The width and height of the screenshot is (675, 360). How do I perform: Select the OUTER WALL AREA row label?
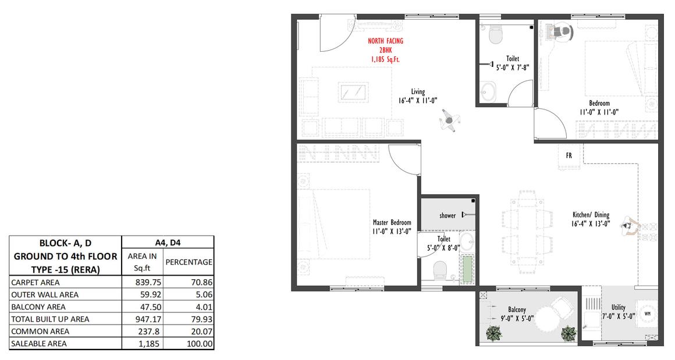[x=45, y=295]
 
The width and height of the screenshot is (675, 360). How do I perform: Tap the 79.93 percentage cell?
[x=202, y=319]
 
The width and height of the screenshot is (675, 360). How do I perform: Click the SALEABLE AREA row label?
[x=39, y=344]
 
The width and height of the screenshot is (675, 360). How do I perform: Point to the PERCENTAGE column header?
[x=189, y=262]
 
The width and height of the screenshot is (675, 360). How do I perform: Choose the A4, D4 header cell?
[x=168, y=243]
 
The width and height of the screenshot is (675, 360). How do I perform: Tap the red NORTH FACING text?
[x=385, y=41]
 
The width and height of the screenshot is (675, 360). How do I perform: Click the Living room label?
[x=418, y=92]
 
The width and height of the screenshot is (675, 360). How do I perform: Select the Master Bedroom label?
[x=392, y=222]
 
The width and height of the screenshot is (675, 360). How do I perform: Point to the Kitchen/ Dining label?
[x=591, y=215]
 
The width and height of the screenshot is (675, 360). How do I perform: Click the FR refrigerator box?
[x=569, y=155]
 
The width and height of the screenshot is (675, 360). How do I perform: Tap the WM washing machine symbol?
[x=647, y=313]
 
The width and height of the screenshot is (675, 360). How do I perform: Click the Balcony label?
[x=517, y=309]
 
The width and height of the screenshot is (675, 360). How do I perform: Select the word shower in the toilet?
[x=447, y=216]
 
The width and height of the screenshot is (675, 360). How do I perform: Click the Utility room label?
[x=618, y=307]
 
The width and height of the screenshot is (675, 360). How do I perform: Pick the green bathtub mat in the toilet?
[x=467, y=269]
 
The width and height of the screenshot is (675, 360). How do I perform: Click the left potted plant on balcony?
[x=493, y=333]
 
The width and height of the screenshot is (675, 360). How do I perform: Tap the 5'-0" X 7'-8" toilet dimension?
[x=512, y=67]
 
